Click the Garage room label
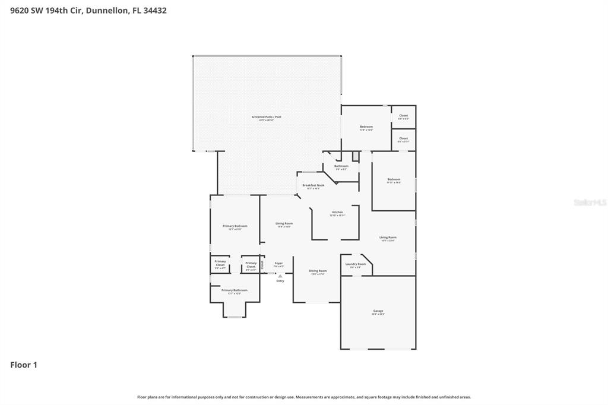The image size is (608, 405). (378, 311)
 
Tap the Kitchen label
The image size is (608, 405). (337, 213)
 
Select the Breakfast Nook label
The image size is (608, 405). (313, 186)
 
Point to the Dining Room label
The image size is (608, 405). (318, 271)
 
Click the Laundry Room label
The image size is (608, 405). (356, 264)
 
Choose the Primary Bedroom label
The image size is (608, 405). (235, 226)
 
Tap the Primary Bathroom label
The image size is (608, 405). (235, 290)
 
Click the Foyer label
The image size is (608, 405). (278, 263)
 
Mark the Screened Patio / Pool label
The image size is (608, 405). (266, 118)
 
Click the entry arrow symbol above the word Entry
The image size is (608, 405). (280, 276)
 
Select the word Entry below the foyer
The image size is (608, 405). (280, 281)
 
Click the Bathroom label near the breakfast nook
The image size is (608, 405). (341, 166)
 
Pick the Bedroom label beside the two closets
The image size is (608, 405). (366, 127)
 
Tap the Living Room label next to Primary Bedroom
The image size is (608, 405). (284, 224)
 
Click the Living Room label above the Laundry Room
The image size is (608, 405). (388, 238)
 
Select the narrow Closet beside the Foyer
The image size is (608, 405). (262, 264)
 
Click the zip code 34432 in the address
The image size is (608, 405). (153, 10)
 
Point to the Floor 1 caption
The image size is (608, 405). (24, 365)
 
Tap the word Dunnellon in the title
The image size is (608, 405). (106, 10)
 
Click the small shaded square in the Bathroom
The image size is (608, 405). (355, 157)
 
